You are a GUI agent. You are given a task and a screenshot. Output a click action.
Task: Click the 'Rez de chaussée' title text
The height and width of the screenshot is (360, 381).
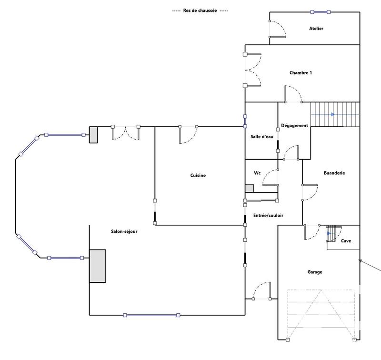pos(200,11)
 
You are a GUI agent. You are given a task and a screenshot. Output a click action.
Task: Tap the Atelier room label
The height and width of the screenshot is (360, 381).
pos(316,29)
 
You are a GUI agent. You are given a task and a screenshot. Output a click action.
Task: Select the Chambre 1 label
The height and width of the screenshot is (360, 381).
pos(301,73)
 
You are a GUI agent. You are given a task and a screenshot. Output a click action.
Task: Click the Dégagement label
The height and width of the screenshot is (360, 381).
pos(295,126)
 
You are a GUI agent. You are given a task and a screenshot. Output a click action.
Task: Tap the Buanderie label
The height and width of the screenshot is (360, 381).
pos(334,173)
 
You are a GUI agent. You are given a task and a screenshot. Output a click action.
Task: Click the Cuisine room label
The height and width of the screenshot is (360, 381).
pos(198,176)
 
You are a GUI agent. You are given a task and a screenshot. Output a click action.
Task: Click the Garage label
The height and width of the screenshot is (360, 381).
pos(314,272)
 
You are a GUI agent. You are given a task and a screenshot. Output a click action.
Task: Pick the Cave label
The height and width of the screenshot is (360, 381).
pos(346,241)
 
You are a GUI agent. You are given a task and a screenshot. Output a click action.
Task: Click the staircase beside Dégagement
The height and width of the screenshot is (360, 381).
pos(334,114)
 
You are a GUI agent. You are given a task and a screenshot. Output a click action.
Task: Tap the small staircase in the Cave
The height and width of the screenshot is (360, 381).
pos(331,234)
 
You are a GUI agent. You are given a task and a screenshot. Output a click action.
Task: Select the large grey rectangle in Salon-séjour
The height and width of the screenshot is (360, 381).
pos(98,266)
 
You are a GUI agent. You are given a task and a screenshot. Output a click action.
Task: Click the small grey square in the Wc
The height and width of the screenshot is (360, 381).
pos(249,189)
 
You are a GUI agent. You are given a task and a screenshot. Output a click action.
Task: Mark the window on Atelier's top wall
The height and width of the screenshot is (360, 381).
pos(318,12)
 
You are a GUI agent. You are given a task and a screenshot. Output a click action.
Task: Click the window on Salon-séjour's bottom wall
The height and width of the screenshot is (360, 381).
pos(151,315)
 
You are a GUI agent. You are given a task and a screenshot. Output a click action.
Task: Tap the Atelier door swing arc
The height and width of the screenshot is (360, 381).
pos(279,30)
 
